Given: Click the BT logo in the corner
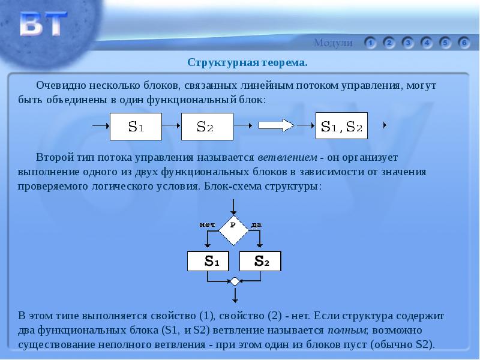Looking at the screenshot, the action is tap(43, 24).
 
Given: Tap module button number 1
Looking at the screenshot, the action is tap(370, 43).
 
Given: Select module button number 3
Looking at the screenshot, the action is tap(408, 43).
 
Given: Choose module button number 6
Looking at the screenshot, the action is tap(464, 43).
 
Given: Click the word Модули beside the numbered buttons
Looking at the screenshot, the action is tap(333, 43).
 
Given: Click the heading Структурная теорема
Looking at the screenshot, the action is tap(247, 63).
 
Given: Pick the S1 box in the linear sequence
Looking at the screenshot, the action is tap(136, 127).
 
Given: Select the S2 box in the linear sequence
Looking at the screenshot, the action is tap(207, 127).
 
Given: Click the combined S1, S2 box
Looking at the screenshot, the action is tap(341, 126).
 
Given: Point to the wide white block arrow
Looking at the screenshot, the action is tap(276, 125).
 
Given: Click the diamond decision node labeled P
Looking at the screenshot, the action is tap(233, 230).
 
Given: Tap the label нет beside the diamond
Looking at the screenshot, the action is tap(207, 225).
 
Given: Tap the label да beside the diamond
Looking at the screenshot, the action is tap(256, 225).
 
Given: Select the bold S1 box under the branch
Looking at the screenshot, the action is tap(208, 261).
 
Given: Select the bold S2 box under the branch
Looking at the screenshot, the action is tap(260, 261).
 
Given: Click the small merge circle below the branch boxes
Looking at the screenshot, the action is tap(235, 281).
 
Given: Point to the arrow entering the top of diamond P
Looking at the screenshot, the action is tap(233, 207).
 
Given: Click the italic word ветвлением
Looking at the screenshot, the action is tap(287, 157).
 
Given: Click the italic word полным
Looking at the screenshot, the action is tap(347, 331).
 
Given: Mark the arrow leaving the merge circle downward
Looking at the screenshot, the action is tap(235, 295).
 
